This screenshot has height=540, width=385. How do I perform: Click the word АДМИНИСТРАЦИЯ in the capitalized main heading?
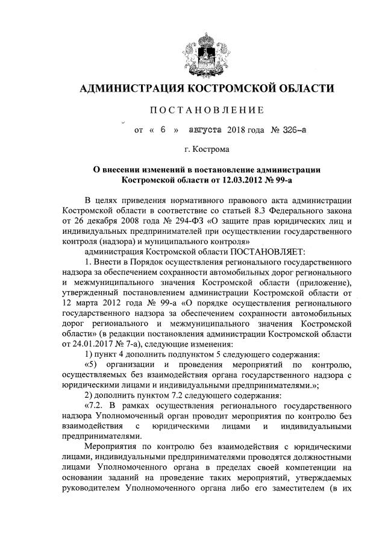click(x=130, y=89)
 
